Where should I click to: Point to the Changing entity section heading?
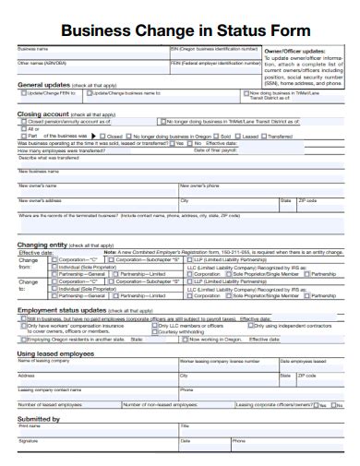pos(44,245)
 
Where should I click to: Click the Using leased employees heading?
pos(56,352)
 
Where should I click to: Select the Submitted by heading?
pos(39,418)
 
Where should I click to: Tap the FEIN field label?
pos(176,64)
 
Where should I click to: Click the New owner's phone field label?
pos(199,185)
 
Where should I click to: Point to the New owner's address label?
pos(41,199)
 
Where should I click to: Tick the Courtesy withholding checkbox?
pos(154,331)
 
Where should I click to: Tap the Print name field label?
pos(30,425)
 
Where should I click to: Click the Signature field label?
pos(29,440)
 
